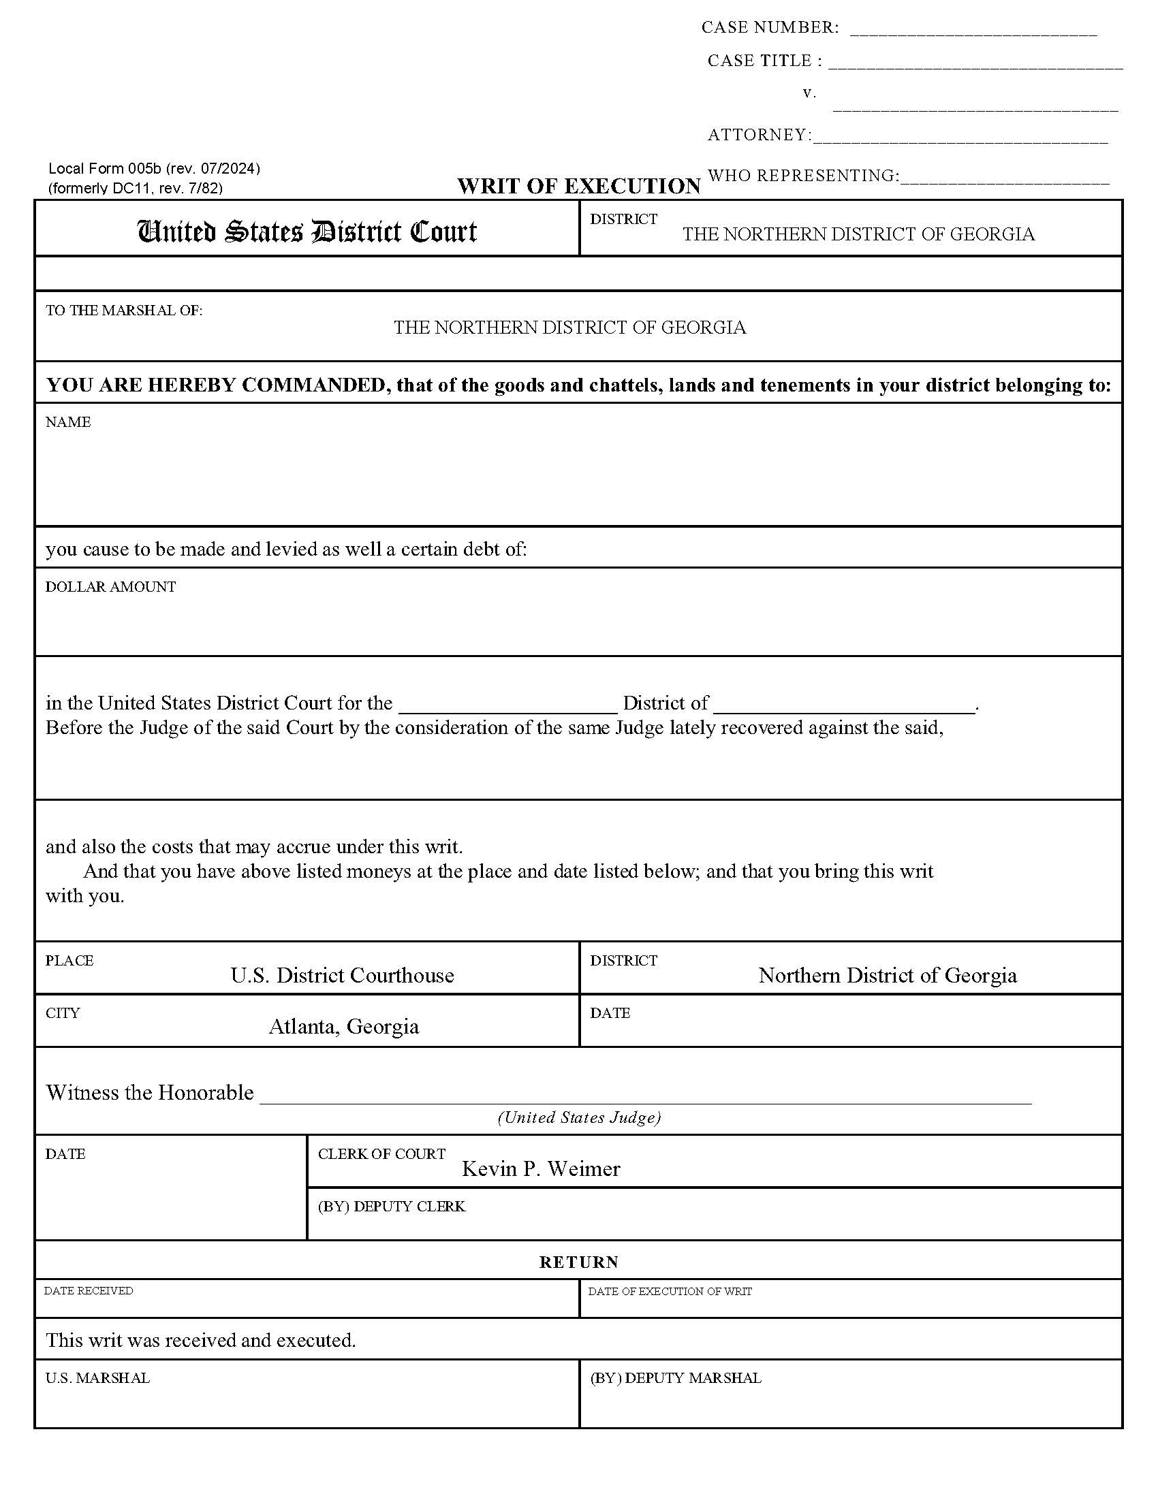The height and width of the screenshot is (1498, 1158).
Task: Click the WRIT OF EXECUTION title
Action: (x=579, y=186)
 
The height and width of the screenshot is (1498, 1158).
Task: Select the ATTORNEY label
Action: (x=759, y=134)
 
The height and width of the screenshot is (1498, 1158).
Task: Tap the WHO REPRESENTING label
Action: (x=802, y=176)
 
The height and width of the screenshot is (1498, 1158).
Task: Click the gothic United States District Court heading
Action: (x=307, y=231)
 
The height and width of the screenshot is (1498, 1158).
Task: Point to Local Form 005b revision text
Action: (x=155, y=168)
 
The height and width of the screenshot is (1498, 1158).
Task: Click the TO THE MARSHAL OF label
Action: (x=123, y=310)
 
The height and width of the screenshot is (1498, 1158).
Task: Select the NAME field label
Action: (x=68, y=422)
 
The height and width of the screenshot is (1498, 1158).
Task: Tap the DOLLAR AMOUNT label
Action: (x=110, y=586)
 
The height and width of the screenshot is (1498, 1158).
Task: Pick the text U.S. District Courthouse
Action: (x=342, y=974)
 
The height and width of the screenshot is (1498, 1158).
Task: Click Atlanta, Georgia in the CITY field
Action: (x=344, y=1026)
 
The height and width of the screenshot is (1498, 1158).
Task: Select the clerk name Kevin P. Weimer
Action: (x=541, y=1168)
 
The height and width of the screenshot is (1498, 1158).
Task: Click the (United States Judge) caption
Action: (x=579, y=1117)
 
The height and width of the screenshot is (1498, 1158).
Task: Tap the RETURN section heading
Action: (x=578, y=1262)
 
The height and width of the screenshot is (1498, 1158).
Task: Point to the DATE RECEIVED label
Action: (x=89, y=1291)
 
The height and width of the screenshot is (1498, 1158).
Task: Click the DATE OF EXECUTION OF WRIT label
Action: (x=670, y=1292)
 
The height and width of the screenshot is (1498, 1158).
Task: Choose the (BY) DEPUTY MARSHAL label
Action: (x=675, y=1378)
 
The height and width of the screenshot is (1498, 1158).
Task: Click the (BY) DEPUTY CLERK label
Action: (x=391, y=1207)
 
